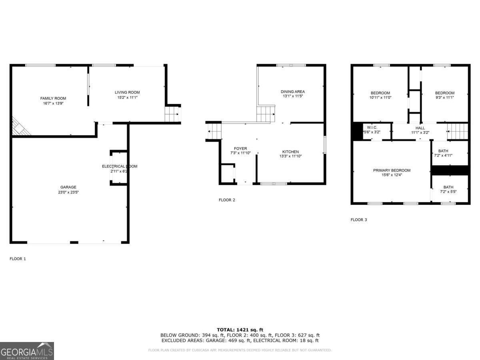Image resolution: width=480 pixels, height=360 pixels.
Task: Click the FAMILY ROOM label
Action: tap(53, 98)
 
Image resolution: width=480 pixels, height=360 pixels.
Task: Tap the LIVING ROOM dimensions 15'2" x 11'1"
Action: tap(127, 97)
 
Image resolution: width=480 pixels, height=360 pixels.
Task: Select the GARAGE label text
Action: tap(68, 187)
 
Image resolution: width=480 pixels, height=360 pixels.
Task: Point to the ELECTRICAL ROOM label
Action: tap(120, 166)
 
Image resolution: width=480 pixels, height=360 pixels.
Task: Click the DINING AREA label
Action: tap(292, 92)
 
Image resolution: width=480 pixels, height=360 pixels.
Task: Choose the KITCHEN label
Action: tap(290, 152)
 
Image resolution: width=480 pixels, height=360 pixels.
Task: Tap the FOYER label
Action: tap(240, 148)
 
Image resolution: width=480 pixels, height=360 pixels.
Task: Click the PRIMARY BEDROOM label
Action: tap(392, 170)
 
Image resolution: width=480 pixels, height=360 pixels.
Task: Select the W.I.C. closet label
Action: tap(372, 128)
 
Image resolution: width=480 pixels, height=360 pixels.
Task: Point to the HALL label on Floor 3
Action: tap(420, 128)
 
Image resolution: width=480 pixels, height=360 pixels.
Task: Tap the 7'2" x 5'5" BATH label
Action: tap(448, 187)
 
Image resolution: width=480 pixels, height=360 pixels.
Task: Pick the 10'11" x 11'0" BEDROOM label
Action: tap(380, 93)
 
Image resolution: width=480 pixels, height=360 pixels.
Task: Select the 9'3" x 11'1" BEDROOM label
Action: tap(444, 93)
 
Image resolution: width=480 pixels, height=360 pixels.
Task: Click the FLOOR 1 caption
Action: tap(18, 259)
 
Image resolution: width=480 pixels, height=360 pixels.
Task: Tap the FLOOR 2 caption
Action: tap(227, 200)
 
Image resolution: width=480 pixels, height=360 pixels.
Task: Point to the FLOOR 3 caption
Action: tap(358, 220)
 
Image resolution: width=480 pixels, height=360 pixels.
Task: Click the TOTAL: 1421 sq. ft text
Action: tap(240, 330)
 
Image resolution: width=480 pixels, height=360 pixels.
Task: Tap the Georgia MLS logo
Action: tap(27, 351)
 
